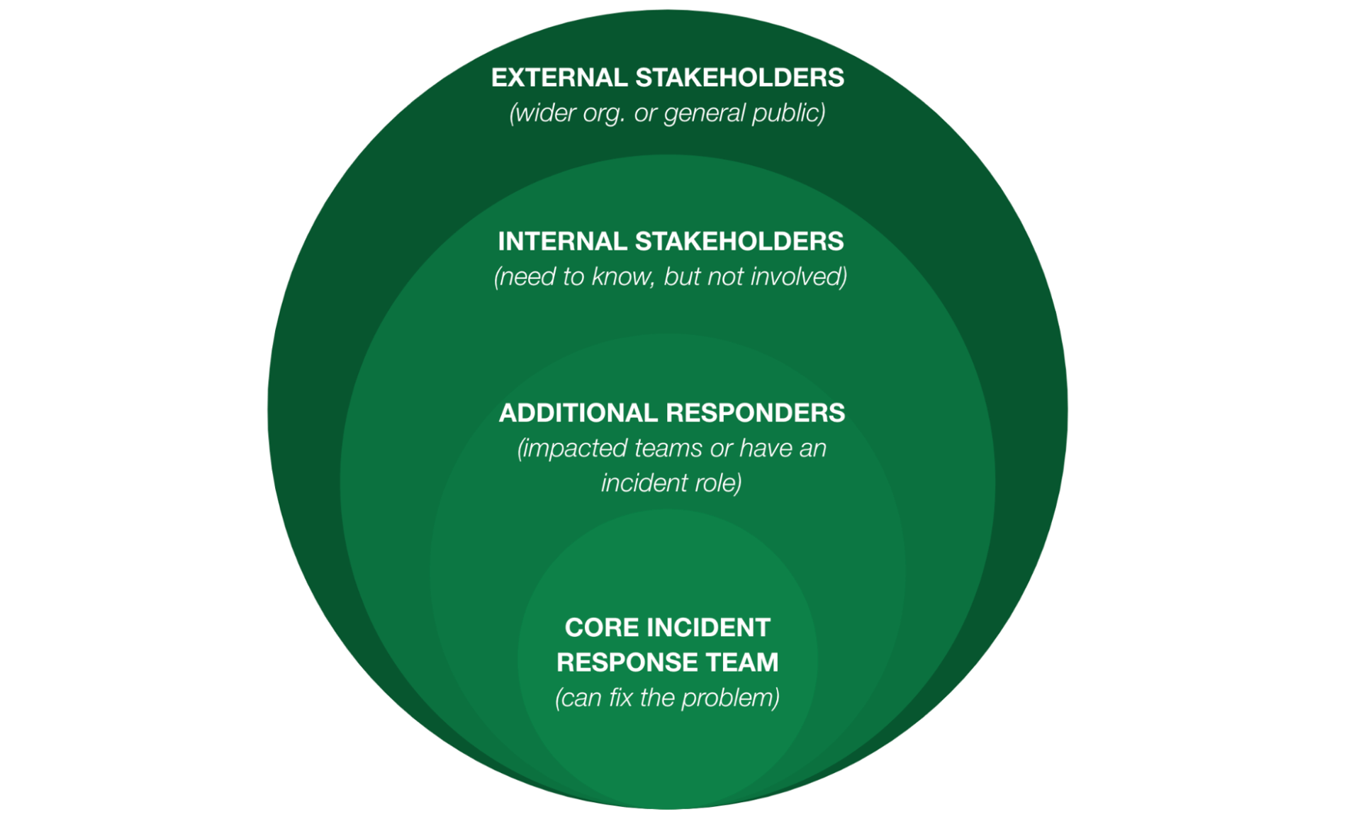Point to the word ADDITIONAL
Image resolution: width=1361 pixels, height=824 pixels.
click(578, 412)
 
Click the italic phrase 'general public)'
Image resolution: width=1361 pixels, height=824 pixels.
click(744, 113)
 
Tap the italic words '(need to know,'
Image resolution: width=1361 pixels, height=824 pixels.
click(573, 276)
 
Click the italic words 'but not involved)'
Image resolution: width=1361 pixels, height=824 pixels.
click(755, 276)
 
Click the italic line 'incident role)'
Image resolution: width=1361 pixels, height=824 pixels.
click(671, 482)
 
